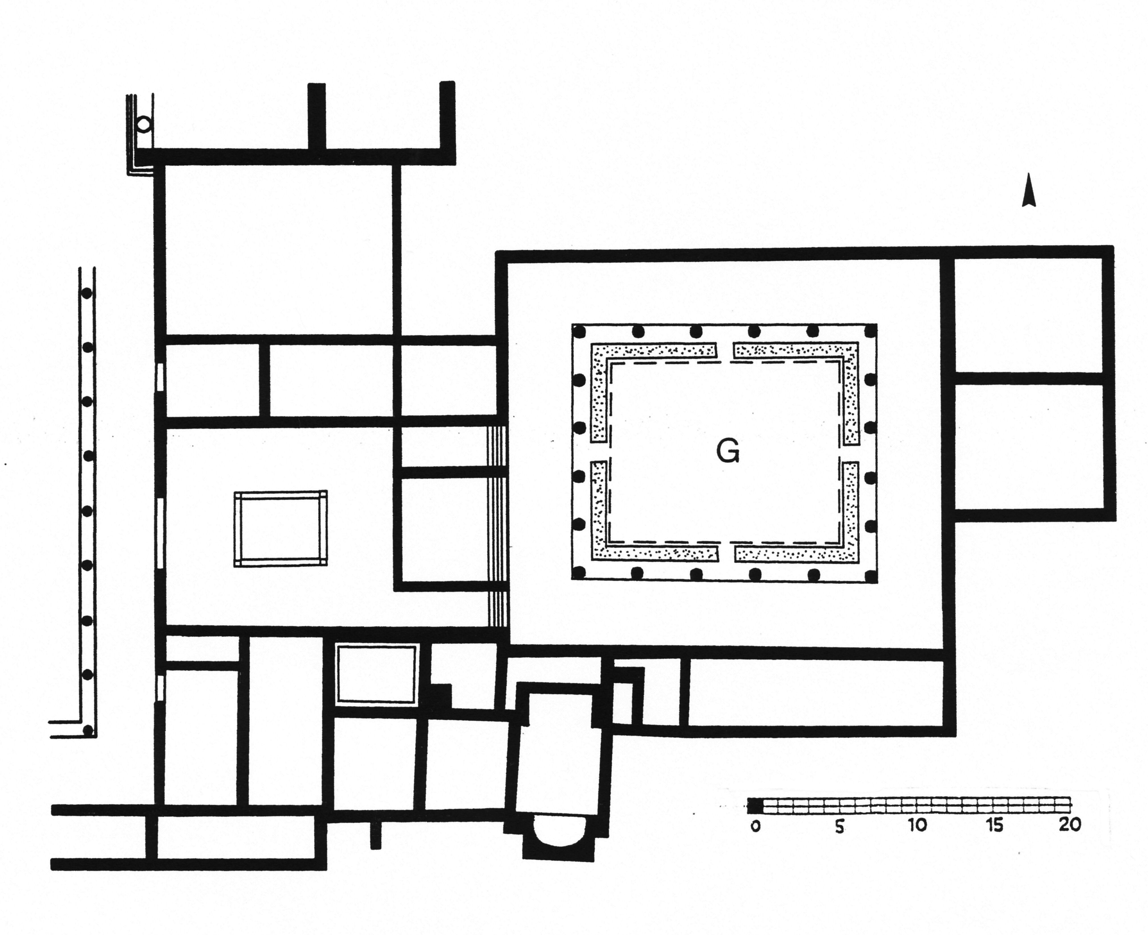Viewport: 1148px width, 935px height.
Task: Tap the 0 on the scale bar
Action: pos(755,826)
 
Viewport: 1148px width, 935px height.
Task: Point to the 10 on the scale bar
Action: pos(918,825)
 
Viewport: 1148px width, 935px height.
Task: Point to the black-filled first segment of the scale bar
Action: pos(755,806)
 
